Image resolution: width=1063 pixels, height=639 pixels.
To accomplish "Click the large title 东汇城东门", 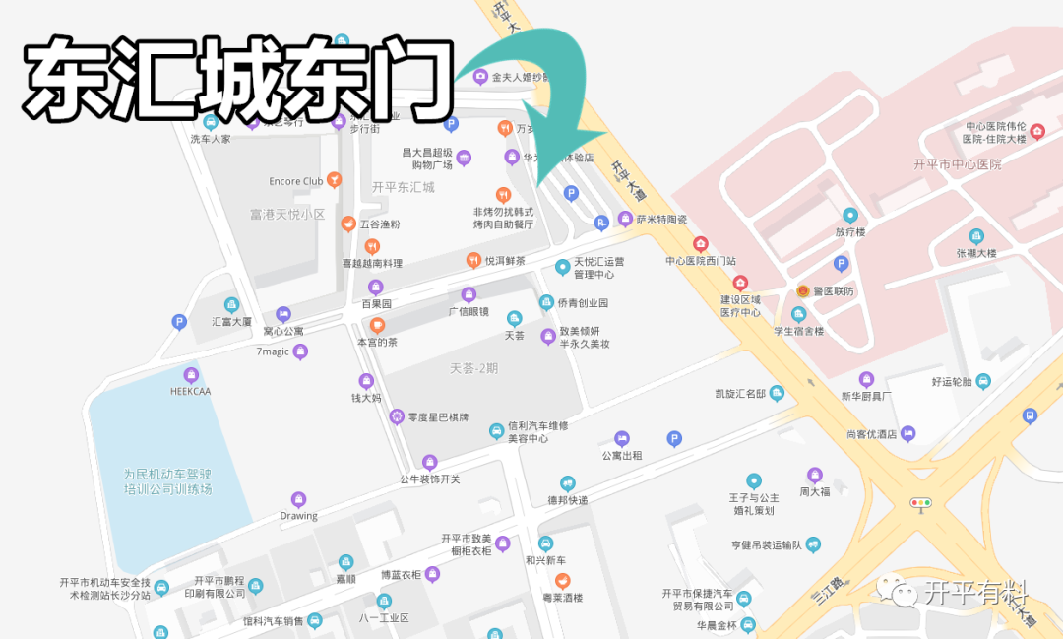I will pyautogui.click(x=236, y=78).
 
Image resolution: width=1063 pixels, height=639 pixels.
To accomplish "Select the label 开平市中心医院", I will pyautogui.click(x=956, y=164).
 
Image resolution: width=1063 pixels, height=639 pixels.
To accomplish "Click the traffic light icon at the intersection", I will pyautogui.click(x=921, y=503).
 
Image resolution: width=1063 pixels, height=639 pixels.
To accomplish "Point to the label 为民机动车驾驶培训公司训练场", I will pyautogui.click(x=167, y=481).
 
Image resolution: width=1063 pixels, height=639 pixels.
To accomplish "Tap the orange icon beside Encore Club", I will pyautogui.click(x=336, y=180).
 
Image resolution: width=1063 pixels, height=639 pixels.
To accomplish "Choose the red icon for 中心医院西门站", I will pyautogui.click(x=701, y=244).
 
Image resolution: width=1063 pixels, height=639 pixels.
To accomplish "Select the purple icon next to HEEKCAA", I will pyautogui.click(x=191, y=375).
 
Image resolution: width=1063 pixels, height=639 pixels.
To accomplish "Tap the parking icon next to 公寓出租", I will pyautogui.click(x=674, y=439).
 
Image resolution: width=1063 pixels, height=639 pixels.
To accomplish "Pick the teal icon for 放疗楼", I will pyautogui.click(x=849, y=215).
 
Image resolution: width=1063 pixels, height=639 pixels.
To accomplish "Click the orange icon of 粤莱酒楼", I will pyautogui.click(x=562, y=580).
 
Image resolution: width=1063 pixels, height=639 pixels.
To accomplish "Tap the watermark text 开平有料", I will pyautogui.click(x=975, y=593).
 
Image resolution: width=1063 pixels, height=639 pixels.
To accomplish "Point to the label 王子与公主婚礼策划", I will pyautogui.click(x=754, y=503).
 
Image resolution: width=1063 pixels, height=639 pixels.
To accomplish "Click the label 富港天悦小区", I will pyautogui.click(x=287, y=214).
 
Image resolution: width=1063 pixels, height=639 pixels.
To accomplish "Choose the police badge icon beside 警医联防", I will pyautogui.click(x=803, y=291).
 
